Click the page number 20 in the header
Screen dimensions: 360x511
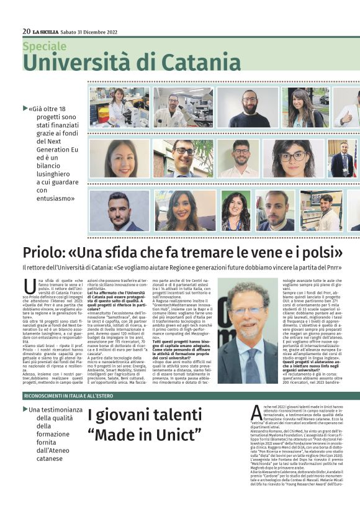click(26, 31)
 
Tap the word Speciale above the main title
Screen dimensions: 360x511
click(44, 46)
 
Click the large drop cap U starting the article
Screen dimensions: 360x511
click(30, 287)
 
